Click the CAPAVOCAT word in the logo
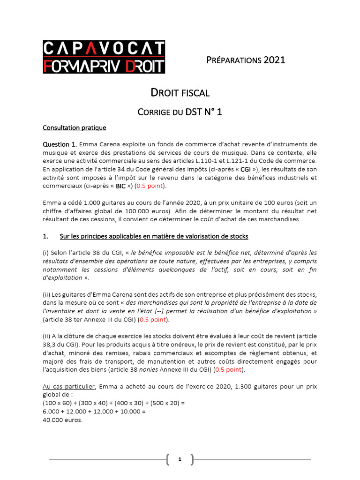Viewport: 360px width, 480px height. (104, 48)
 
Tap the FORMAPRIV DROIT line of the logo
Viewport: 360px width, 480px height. (104, 65)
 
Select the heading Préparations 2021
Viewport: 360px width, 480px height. (246, 60)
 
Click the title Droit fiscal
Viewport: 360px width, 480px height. (180, 93)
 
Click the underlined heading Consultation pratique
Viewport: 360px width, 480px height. (74, 127)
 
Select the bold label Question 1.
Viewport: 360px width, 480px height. (60, 144)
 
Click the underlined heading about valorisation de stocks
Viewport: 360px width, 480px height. (154, 236)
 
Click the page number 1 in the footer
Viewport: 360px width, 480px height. (180, 460)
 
